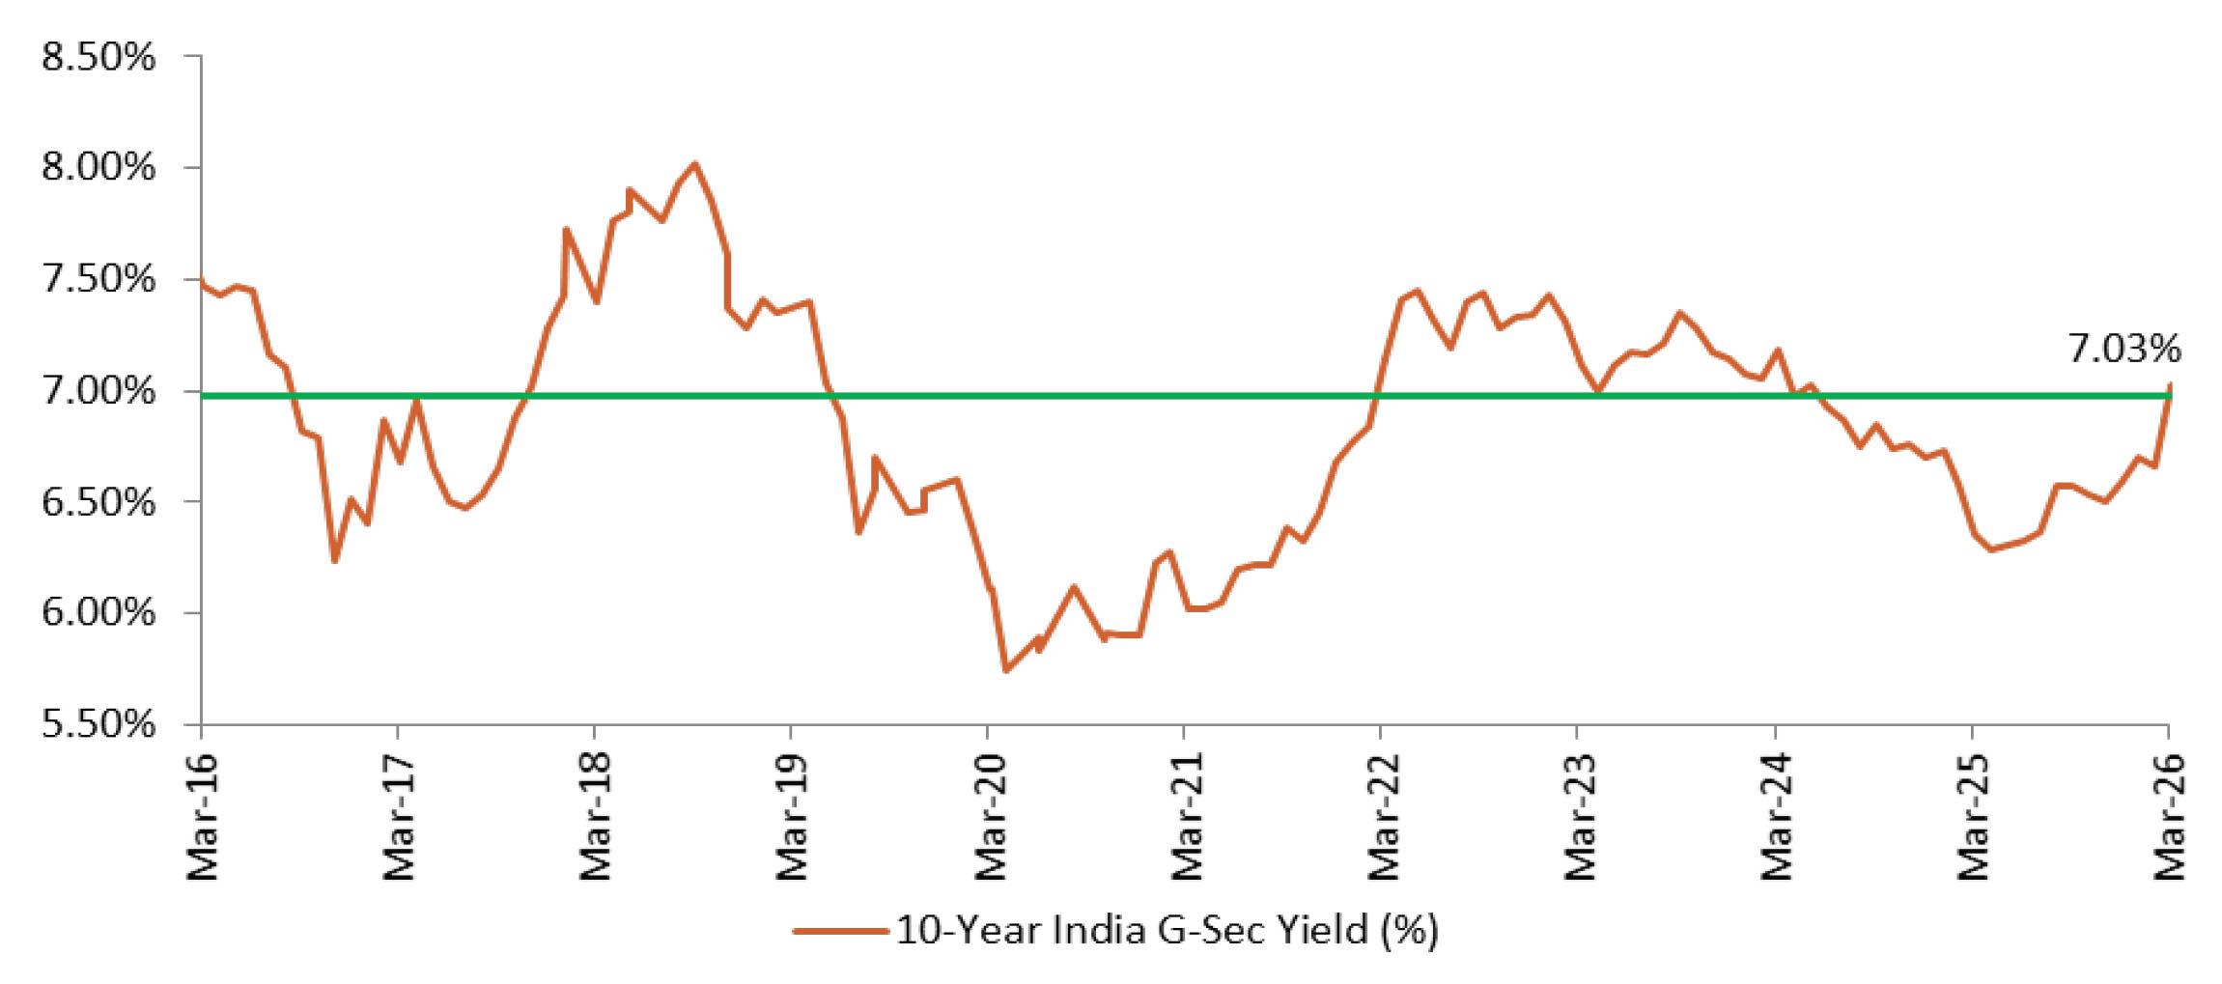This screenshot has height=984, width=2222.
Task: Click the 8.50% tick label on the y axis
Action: pos(98,57)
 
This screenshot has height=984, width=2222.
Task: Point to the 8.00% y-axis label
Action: pos(98,168)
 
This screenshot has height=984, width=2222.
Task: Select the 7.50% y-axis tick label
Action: pos(98,279)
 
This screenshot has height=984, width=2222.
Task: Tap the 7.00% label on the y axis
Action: pos(98,391)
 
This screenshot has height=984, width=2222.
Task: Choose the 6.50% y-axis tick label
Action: pos(98,502)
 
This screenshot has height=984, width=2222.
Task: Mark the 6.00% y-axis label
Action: pos(98,612)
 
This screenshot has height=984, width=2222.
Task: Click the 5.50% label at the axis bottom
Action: pos(98,723)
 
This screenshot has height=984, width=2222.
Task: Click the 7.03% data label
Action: pos(2124,348)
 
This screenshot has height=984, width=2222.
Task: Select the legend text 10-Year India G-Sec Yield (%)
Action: pos(1167,930)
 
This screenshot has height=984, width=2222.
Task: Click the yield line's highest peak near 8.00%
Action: pos(693,164)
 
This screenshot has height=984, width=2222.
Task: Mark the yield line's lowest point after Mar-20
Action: pos(1006,670)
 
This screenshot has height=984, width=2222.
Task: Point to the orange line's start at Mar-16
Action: pos(202,281)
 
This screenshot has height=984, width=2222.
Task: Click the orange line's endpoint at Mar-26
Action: pos(2170,384)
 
